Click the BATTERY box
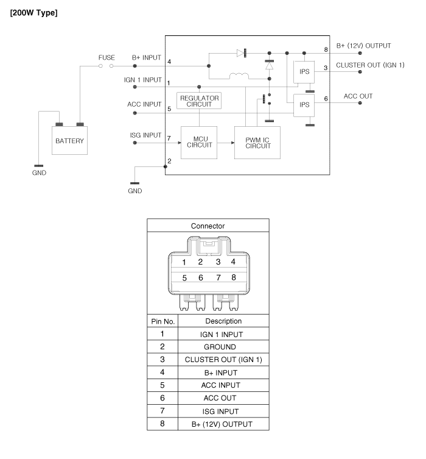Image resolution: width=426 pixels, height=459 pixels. pyautogui.click(x=69, y=140)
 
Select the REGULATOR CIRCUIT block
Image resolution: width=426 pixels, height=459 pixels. pyautogui.click(x=199, y=101)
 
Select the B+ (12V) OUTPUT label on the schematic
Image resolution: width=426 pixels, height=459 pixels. pyautogui.click(x=363, y=46)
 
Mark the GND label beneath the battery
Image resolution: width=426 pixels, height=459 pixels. pyautogui.click(x=39, y=173)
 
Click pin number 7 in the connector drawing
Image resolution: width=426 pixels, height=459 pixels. pyautogui.click(x=218, y=277)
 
